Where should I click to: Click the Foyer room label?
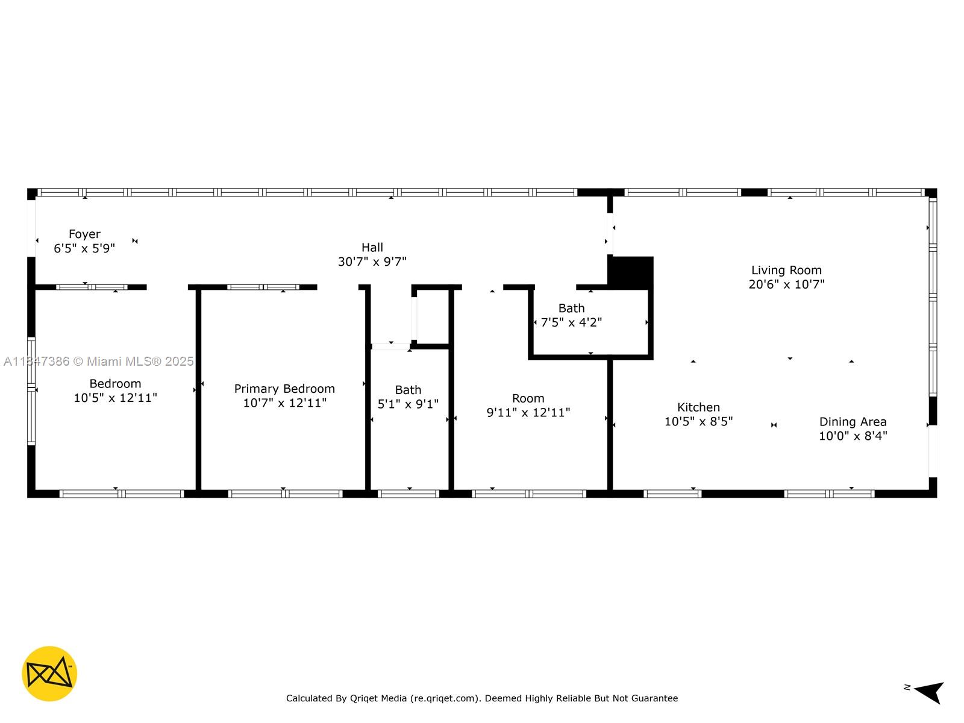tap(84, 234)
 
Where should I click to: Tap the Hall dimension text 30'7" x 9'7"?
tap(372, 261)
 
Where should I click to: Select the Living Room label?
tap(786, 270)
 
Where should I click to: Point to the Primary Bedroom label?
tap(284, 389)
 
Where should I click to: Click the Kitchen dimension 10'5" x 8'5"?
tap(698, 421)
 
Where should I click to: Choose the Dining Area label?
tap(853, 422)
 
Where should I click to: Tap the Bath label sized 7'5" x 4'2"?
tap(571, 308)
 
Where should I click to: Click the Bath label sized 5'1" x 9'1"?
tap(408, 390)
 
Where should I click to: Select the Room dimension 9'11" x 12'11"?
tap(528, 412)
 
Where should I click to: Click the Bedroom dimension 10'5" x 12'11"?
tap(115, 398)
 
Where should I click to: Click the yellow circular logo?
tap(49, 674)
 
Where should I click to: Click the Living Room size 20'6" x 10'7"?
tap(786, 284)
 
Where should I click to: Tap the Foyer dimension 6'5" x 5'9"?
tap(84, 248)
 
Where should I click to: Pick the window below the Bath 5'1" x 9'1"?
tap(408, 494)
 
